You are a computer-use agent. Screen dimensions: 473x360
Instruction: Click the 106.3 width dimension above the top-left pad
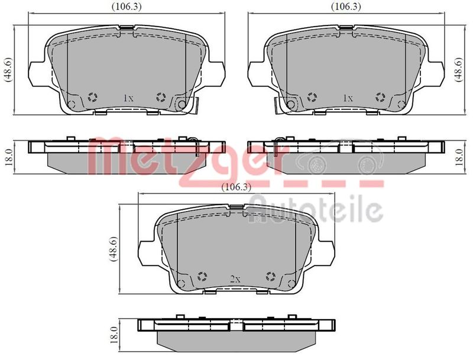click(127, 7)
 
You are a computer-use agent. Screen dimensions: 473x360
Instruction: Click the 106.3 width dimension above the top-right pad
click(346, 7)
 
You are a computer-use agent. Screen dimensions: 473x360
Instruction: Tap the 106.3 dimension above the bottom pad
click(236, 187)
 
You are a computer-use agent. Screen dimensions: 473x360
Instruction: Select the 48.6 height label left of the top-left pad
click(8, 70)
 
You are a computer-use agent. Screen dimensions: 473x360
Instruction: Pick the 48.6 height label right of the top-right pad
click(459, 70)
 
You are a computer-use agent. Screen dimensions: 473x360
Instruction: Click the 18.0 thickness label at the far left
click(8, 157)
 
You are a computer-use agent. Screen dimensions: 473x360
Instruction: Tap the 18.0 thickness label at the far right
click(459, 157)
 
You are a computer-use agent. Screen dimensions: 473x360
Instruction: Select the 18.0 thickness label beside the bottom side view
click(114, 335)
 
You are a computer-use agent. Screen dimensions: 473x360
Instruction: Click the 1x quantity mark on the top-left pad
click(128, 98)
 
